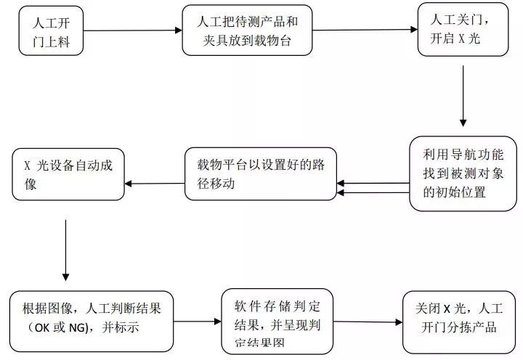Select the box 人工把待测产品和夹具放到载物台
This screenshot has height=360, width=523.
(x=247, y=31)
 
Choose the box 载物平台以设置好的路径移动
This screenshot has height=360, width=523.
(x=259, y=175)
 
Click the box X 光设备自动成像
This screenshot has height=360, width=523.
(x=68, y=174)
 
